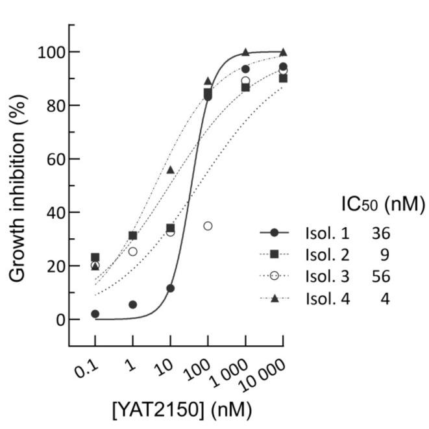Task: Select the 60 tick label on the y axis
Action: [53, 159]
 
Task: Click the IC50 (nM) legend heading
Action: [382, 206]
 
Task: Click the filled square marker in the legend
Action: [274, 254]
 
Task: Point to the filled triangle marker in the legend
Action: [274, 299]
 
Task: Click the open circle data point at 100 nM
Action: [208, 226]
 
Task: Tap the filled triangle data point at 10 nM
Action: [170, 169]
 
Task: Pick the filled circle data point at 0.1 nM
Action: [95, 313]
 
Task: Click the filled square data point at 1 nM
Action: [133, 236]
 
